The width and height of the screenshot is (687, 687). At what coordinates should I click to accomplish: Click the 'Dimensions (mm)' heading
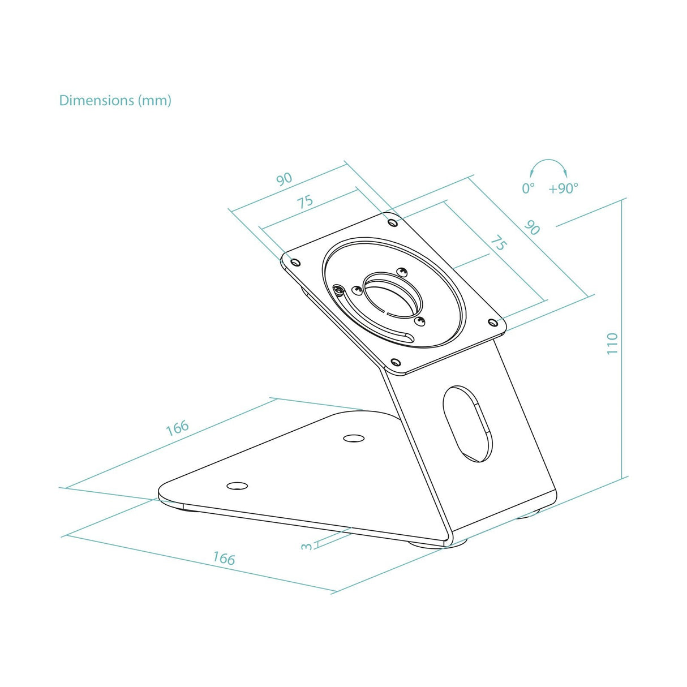(115, 101)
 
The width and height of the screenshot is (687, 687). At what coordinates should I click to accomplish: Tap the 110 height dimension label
(613, 343)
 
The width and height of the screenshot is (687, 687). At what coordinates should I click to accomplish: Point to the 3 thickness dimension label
(307, 546)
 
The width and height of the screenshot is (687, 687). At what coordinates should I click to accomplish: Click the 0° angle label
(528, 188)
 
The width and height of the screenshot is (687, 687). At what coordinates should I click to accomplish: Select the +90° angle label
(563, 188)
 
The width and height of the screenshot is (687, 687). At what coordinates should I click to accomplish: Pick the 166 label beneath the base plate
(224, 559)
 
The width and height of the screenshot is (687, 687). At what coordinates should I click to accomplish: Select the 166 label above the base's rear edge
(177, 428)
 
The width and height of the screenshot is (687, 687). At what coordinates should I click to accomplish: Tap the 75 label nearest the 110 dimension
(497, 244)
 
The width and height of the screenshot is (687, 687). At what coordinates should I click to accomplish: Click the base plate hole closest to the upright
(354, 438)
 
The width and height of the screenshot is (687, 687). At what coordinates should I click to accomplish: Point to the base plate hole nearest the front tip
(237, 486)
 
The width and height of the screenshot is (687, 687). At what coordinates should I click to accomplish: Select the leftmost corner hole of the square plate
(294, 261)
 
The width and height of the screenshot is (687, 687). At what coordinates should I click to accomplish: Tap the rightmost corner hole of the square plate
(492, 322)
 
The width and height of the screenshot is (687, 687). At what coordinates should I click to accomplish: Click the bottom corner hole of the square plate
(396, 362)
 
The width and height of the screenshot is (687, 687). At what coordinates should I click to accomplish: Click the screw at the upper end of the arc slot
(339, 290)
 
